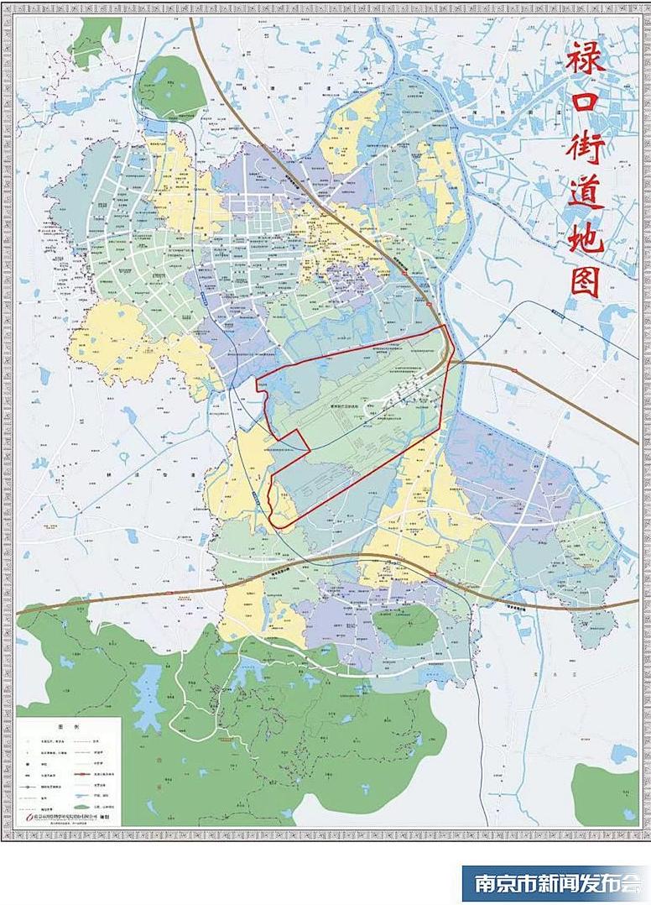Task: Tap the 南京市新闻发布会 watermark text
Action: point(556,883)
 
